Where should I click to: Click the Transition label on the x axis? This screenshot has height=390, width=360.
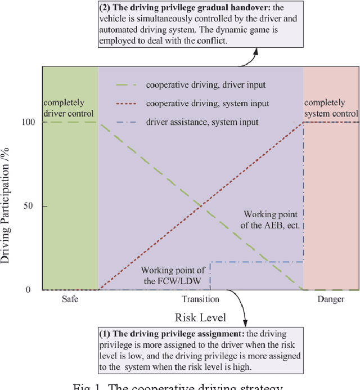coord(201,299)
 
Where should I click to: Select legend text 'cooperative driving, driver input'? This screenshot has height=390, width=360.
coord(206,86)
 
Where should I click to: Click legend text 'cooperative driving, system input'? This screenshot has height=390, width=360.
coord(207,104)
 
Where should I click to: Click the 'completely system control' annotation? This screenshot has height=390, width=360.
coord(331,108)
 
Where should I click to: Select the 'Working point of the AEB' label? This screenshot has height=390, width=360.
coord(273,219)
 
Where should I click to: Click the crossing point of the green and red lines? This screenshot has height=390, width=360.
coord(201,205)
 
